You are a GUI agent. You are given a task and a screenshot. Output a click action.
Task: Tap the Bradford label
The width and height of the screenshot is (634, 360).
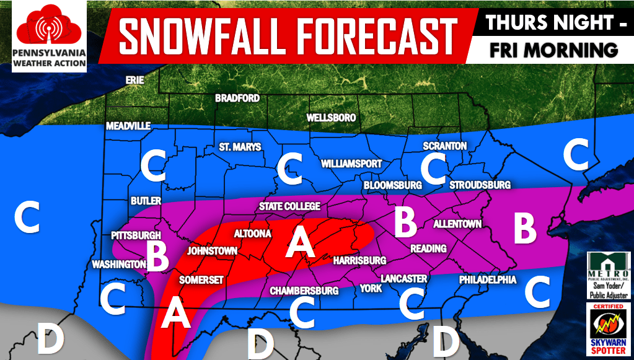(237, 98)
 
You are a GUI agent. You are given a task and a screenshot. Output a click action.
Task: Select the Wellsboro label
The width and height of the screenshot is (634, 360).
(331, 117)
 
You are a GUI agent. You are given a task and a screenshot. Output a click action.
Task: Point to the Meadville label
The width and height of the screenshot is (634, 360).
(128, 126)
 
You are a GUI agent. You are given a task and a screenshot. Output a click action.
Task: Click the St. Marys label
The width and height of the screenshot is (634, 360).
(240, 147)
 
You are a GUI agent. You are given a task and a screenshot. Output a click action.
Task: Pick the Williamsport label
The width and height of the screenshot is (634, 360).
(351, 164)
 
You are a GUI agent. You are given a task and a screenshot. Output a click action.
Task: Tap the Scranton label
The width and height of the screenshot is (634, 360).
(444, 146)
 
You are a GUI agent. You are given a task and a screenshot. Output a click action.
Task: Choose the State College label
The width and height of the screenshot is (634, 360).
(289, 206)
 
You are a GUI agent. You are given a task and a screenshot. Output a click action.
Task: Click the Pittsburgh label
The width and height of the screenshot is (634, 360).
(136, 235)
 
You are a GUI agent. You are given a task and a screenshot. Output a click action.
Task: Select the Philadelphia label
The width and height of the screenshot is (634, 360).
(488, 280)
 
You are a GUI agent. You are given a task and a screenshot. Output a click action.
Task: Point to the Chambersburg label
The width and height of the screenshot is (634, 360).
(304, 291)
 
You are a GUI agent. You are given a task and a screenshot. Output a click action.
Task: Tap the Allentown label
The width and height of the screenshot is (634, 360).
(457, 224)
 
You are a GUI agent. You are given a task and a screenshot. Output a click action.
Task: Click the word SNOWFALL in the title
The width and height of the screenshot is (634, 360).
(195, 35)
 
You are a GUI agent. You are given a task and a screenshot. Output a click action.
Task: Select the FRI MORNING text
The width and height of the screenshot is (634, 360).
(553, 50)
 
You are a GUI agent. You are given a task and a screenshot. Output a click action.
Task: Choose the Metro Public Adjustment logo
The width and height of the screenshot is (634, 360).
(608, 274)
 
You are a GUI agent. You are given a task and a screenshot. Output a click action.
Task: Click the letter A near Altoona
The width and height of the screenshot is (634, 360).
(300, 242)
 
